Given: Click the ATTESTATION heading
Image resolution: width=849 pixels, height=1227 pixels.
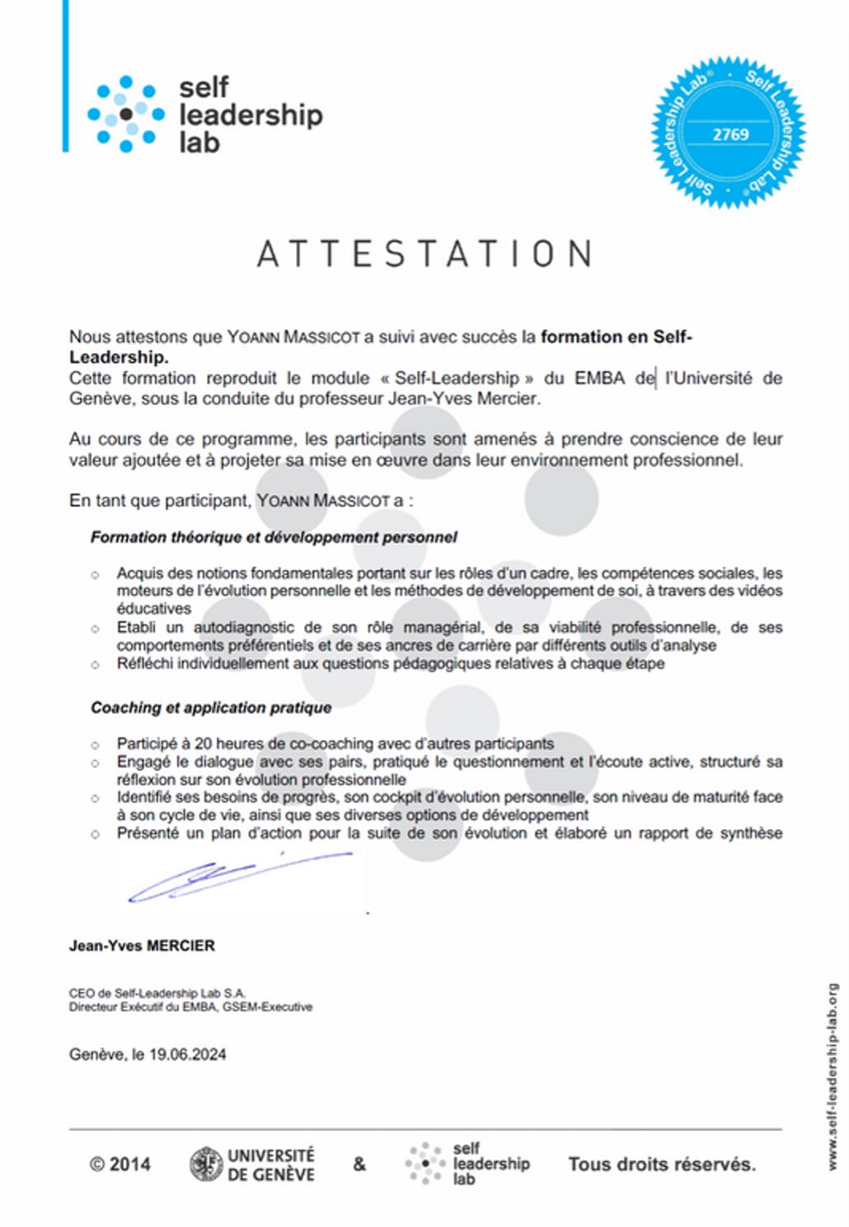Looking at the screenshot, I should click(x=424, y=254).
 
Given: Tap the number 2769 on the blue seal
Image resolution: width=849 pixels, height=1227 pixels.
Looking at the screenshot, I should click(x=730, y=134).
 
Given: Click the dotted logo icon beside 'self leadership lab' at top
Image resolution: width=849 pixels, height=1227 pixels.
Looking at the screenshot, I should click(x=125, y=115).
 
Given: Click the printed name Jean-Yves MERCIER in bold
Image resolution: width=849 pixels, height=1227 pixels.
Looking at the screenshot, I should click(x=142, y=946).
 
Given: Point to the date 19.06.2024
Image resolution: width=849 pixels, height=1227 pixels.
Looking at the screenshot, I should click(x=188, y=1054).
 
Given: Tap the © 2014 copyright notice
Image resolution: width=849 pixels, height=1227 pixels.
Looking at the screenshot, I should click(x=120, y=1164).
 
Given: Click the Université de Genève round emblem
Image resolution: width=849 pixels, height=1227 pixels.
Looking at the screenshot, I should click(x=205, y=1164).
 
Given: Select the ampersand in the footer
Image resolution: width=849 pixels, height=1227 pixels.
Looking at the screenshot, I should click(x=359, y=1164).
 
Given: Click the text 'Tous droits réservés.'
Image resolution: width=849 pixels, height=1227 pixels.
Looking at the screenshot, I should click(x=661, y=1164).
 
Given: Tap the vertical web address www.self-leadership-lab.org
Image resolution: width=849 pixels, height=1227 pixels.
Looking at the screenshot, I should click(x=833, y=1075).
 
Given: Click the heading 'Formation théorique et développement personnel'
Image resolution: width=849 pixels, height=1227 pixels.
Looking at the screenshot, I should click(x=274, y=538).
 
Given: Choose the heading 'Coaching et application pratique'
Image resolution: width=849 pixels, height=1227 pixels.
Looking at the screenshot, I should click(x=211, y=708).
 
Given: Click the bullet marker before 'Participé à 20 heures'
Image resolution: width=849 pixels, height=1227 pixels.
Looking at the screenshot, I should click(x=96, y=745).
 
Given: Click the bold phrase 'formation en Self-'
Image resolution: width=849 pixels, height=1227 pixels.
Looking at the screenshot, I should click(x=617, y=336).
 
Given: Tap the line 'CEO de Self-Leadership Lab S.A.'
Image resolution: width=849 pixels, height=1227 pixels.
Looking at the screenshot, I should click(x=157, y=994).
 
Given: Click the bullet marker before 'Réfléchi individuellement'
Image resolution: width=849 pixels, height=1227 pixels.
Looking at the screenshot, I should click(x=96, y=665).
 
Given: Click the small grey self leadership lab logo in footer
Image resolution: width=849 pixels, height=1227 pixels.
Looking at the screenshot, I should click(x=424, y=1164).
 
